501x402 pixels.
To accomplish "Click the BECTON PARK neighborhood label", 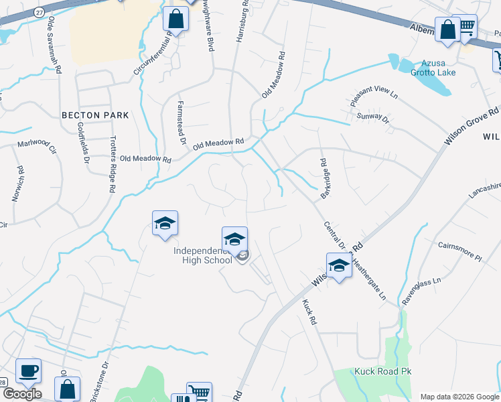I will [x=94, y=115].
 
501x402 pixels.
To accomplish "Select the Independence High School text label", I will [x=202, y=256].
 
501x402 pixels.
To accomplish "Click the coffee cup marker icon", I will [x=28, y=371].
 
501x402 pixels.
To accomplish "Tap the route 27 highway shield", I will [x=40, y=12].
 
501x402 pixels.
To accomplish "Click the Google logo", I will [x=22, y=394].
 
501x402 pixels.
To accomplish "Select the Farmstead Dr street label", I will [x=181, y=123].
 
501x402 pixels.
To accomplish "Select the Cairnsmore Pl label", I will [x=459, y=251].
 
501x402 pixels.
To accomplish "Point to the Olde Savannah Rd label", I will [x=54, y=46].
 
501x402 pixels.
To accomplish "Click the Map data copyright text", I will [x=459, y=397].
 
